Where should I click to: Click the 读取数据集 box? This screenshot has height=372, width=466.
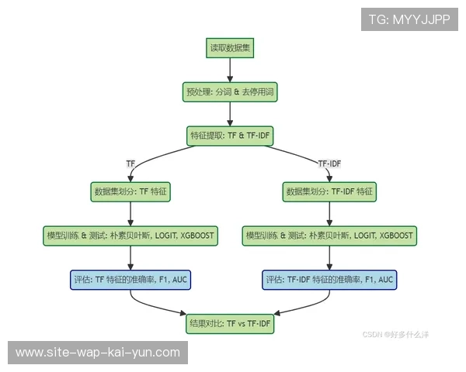click(x=230, y=48)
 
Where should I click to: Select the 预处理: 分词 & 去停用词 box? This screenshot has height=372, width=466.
click(x=230, y=92)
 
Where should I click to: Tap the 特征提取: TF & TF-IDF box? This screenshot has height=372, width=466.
click(x=230, y=136)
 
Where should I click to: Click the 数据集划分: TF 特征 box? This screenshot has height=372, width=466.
click(x=130, y=191)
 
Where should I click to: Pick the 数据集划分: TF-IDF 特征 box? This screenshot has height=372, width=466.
click(x=330, y=191)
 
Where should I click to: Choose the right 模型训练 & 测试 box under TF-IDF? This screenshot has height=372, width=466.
click(x=330, y=235)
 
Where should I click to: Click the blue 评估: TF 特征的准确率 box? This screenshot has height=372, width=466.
click(x=130, y=279)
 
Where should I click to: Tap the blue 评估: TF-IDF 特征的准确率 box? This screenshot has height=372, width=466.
click(x=330, y=279)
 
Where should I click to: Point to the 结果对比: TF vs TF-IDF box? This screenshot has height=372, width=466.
click(x=230, y=323)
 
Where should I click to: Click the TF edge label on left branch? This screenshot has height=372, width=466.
click(x=130, y=164)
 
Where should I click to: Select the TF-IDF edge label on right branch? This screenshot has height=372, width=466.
click(x=330, y=164)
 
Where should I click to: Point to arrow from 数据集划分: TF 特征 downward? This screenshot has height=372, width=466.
click(x=130, y=213)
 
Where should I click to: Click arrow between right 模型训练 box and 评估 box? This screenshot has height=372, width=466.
click(x=330, y=257)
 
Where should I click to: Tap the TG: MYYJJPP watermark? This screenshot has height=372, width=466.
click(x=409, y=19)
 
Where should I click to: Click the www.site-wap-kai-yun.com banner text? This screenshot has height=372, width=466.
click(x=98, y=353)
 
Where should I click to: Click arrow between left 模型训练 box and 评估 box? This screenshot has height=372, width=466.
click(x=130, y=257)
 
